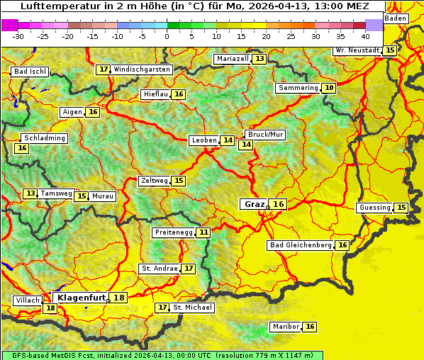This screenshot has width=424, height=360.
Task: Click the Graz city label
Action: click(254, 204)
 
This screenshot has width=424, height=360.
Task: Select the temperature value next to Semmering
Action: click(328, 88)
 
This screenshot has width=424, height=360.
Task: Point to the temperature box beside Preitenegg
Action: click(203, 232)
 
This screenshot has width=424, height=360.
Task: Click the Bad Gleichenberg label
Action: click(301, 245)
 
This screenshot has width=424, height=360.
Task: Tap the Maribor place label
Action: click(284, 327)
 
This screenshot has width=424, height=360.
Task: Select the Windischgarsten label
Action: click(142, 69)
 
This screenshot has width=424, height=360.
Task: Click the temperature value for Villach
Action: click(50, 308)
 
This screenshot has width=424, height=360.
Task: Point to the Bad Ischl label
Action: click(30, 72)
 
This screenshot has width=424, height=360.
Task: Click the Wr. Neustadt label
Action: click(357, 50)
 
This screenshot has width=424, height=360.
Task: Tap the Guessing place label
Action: click(374, 208)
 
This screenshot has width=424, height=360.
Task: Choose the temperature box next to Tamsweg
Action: click(30, 193)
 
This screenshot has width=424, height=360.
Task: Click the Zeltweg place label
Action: click(154, 181)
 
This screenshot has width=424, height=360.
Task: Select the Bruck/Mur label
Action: click(265, 135)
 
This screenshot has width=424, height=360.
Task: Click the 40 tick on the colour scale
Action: click(364, 35)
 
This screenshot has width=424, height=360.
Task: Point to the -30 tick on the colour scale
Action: click(18, 35)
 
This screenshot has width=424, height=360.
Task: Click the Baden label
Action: click(396, 18)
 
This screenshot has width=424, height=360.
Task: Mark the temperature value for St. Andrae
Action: click(188, 269)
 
